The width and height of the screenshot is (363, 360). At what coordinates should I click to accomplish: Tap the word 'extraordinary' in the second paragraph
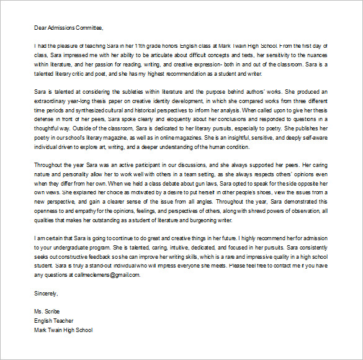click(53, 101)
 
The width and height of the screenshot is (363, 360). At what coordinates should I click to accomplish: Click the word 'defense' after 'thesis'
click(45, 119)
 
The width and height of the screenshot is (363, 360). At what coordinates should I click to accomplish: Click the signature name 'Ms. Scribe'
click(49, 312)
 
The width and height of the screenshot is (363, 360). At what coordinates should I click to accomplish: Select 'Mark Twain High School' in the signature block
click(64, 330)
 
